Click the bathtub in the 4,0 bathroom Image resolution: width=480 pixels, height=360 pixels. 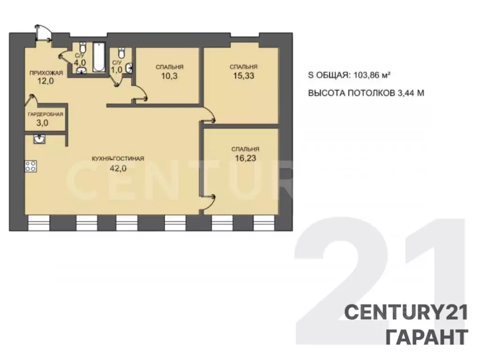point(99,58)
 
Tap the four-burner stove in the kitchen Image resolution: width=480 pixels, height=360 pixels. point(30,166)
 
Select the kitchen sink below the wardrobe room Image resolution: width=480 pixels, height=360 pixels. point(39,139)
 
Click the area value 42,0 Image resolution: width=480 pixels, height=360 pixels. point(118,168)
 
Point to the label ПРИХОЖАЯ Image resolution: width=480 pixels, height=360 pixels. point(46,73)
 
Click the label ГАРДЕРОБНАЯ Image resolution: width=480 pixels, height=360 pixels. point(45,114)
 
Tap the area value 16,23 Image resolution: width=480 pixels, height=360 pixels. point(246,158)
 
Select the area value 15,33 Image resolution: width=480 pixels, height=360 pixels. point(244,75)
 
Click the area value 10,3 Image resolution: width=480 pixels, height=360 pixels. point(169,76)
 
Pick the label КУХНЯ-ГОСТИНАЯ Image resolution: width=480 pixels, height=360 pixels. point(118,158)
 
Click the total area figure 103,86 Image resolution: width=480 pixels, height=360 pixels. point(366,75)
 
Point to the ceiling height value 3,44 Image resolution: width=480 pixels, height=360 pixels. point(405,93)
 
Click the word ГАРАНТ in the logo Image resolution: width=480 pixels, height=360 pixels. point(427,337)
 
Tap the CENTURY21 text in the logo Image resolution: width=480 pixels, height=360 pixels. point(406,313)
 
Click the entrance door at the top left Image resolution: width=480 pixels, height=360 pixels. point(43,32)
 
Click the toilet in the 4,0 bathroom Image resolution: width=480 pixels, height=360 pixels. point(82,47)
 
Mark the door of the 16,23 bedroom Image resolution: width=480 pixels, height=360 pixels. point(209,202)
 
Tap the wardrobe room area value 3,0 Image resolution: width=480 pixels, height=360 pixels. point(42,123)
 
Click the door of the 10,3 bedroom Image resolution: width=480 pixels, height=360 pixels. point(140,92)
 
